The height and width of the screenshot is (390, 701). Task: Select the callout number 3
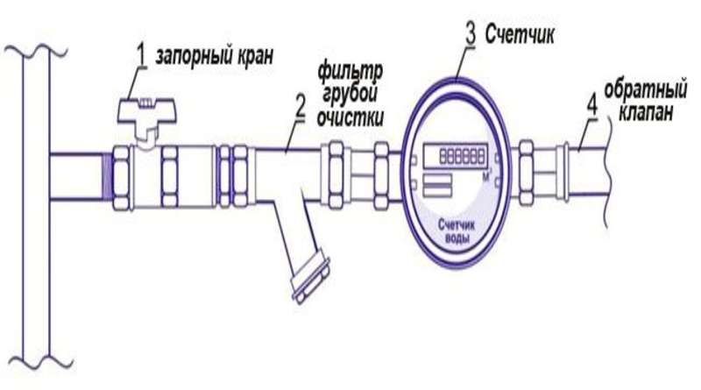point(471,34)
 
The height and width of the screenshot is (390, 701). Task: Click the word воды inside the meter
point(454,240)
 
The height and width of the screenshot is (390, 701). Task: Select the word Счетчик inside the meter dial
point(454,227)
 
